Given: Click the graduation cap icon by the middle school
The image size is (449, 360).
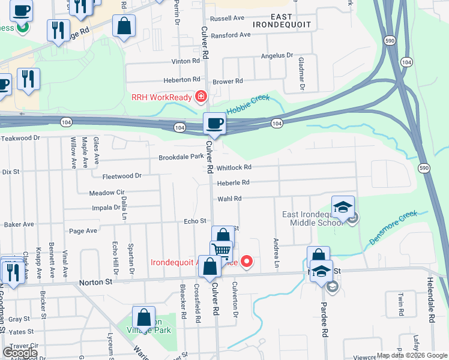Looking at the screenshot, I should click(x=343, y=208).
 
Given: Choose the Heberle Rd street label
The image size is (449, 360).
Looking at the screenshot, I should click(x=233, y=182).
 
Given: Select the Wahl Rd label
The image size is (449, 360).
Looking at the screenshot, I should click(x=229, y=199).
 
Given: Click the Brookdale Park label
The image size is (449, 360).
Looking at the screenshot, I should click(x=181, y=157).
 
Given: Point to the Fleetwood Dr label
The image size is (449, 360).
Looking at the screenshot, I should click(x=121, y=176).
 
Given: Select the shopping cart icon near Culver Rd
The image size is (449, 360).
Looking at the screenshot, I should click(x=221, y=251).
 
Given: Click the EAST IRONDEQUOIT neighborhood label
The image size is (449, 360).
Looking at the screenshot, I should click(x=282, y=20).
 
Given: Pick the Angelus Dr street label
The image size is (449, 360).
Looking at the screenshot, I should click(x=277, y=56).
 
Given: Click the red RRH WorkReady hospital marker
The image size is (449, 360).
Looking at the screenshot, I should click(x=200, y=97).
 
